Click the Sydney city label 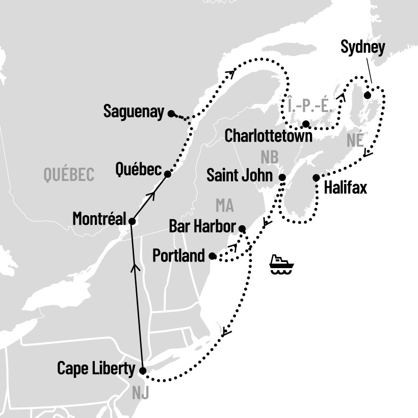pyautogui.click(x=362, y=49)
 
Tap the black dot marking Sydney pyautogui.click(x=367, y=95)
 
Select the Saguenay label pyautogui.click(x=134, y=112)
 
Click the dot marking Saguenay pyautogui.click(x=171, y=113)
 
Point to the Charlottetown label pyautogui.click(x=268, y=136)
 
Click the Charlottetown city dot pyautogui.click(x=305, y=124)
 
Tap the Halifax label pyautogui.click(x=345, y=188)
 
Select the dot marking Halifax pyautogui.click(x=316, y=177)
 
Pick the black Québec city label pyautogui.click(x=139, y=169)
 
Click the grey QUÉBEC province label pyautogui.click(x=69, y=175)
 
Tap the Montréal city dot pyautogui.click(x=132, y=221)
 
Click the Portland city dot pyautogui.click(x=213, y=256)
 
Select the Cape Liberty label pyautogui.click(x=96, y=368)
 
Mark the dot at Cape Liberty pyautogui.click(x=142, y=371)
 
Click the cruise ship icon pyautogui.click(x=281, y=264)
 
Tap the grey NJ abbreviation pyautogui.click(x=141, y=393)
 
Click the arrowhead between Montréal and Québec pyautogui.click(x=151, y=195)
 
